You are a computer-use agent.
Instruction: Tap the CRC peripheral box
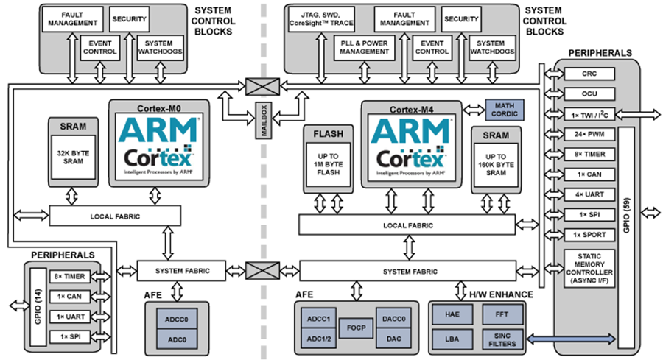(589, 74)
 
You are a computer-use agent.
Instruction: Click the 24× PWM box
(589, 135)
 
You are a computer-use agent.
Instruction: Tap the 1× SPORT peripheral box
(589, 233)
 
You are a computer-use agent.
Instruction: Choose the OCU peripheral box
(589, 94)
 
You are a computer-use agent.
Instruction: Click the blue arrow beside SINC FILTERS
(569, 338)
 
